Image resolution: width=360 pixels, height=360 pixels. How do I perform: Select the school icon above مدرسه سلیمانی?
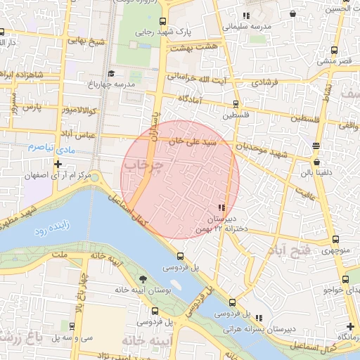point(246,15)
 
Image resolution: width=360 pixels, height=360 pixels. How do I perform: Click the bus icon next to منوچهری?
point(333,238)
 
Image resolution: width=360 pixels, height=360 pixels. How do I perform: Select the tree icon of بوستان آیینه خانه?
point(144,279)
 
